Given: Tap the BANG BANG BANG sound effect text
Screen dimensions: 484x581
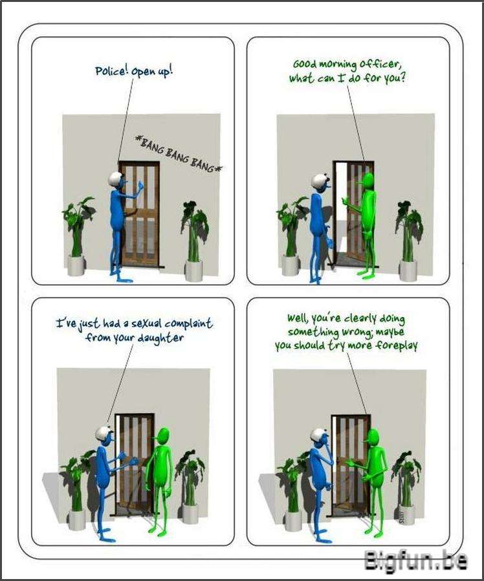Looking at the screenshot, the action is pyautogui.click(x=178, y=154).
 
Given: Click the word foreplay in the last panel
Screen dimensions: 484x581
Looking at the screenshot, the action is pyautogui.click(x=397, y=345).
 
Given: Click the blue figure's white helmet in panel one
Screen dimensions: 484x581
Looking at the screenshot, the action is pyautogui.click(x=116, y=179).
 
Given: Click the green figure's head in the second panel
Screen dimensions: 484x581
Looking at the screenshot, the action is pyautogui.click(x=367, y=181).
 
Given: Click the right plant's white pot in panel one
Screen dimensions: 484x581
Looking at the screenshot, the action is pyautogui.click(x=194, y=270).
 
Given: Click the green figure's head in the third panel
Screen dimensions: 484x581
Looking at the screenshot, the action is pyautogui.click(x=162, y=437).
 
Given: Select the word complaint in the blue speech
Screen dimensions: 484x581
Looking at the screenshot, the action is pyautogui.click(x=188, y=324).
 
